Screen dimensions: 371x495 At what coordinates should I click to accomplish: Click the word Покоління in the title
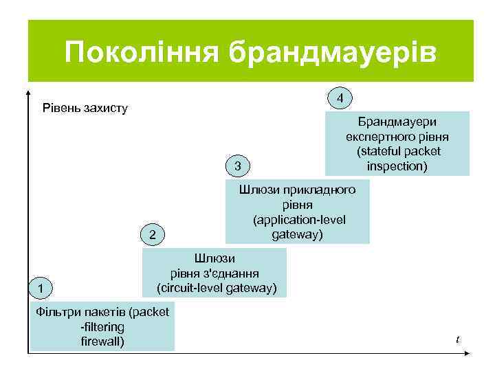(142, 52)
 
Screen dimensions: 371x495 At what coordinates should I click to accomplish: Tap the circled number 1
(43, 287)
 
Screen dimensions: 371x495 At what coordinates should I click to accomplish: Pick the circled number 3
(237, 166)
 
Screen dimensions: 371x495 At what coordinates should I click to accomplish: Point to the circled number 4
(340, 98)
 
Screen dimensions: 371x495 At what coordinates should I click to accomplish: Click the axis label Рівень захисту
(85, 108)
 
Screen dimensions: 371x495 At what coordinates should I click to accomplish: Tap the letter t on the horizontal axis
(457, 339)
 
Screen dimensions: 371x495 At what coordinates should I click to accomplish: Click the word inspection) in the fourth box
(397, 166)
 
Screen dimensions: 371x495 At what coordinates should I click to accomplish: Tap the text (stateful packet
(398, 151)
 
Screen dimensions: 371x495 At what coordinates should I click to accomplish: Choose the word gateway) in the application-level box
(297, 234)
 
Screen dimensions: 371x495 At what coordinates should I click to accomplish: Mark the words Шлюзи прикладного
(297, 190)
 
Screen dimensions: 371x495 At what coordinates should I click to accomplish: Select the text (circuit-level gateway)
(217, 287)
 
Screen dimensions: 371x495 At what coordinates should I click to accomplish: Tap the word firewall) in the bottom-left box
(102, 341)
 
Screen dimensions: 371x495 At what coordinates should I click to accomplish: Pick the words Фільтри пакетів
(80, 312)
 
